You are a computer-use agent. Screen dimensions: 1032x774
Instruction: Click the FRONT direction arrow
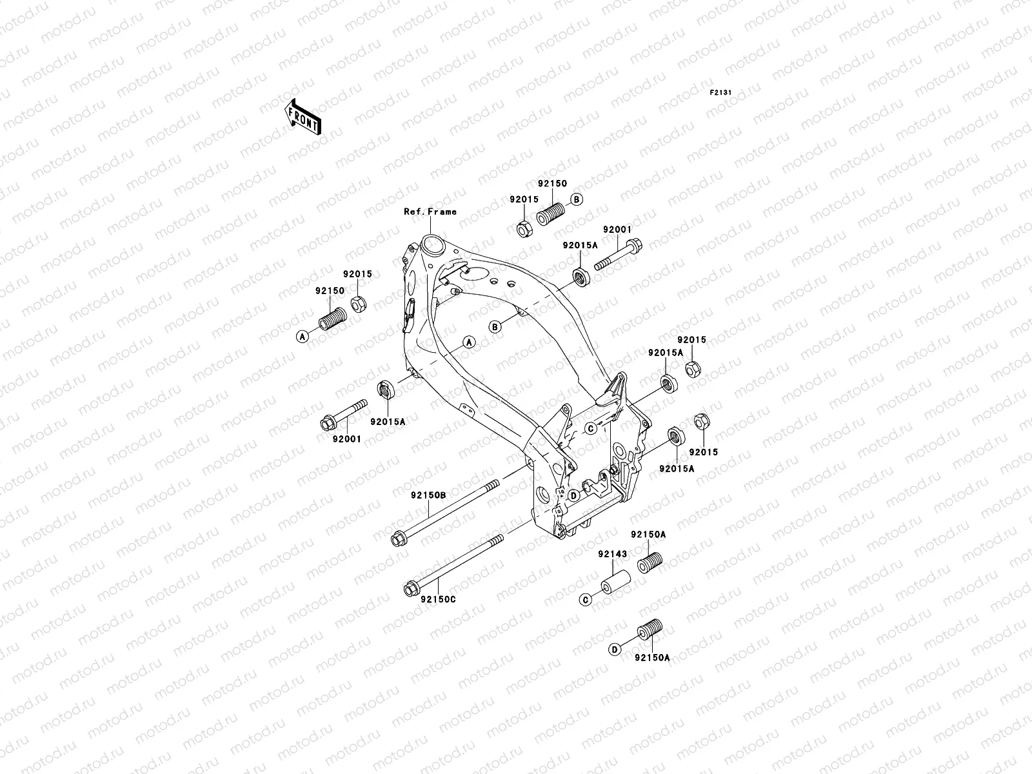(x=313, y=116)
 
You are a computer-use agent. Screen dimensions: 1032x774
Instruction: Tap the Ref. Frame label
(x=430, y=212)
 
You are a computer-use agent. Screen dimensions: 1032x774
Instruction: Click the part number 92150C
(x=438, y=599)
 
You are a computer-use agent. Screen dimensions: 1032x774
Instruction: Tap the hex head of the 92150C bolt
(x=410, y=589)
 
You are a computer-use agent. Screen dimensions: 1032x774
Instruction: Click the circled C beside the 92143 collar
(x=586, y=600)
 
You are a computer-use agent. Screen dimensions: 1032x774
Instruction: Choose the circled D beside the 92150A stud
(x=615, y=650)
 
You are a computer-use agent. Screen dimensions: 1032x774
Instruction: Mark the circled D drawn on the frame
(x=572, y=495)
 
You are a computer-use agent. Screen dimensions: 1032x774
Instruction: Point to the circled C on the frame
(x=590, y=428)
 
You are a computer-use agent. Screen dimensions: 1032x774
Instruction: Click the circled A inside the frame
(x=470, y=342)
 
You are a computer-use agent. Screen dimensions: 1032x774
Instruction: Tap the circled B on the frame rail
(x=495, y=327)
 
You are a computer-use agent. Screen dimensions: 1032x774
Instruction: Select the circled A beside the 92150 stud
(x=301, y=335)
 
